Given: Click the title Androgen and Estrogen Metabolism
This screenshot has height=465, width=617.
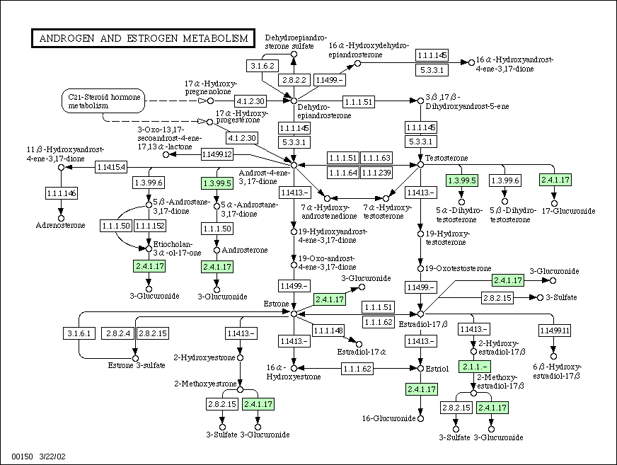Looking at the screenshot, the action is [x=143, y=38].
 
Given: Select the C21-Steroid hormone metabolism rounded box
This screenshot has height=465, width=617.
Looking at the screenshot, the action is [x=103, y=101].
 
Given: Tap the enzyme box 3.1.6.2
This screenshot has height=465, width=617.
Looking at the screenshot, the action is [x=263, y=66].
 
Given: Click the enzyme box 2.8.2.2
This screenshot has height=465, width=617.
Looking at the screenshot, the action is [x=294, y=80].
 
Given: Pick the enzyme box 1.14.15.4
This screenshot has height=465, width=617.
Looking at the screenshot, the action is [x=111, y=167].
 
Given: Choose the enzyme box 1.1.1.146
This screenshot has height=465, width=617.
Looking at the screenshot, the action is [x=62, y=193].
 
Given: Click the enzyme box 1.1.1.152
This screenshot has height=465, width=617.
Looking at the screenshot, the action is [x=149, y=226].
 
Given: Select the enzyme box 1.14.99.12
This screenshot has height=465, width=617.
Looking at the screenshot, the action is [x=217, y=154].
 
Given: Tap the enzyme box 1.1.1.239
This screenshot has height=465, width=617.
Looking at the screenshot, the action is [x=376, y=173].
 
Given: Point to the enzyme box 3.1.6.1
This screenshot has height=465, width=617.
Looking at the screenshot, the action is [x=79, y=333].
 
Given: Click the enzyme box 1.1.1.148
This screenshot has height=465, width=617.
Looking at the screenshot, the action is [x=328, y=331].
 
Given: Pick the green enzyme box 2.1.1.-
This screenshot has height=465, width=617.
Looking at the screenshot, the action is [x=475, y=367].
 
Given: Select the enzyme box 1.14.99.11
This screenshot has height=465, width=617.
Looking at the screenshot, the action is [x=555, y=331].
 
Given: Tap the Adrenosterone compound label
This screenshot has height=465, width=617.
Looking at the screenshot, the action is [x=60, y=225].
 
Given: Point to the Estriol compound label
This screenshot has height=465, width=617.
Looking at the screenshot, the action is [x=437, y=369].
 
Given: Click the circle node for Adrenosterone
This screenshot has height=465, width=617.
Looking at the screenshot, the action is [x=61, y=218].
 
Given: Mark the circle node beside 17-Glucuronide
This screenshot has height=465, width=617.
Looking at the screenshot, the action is [x=555, y=203].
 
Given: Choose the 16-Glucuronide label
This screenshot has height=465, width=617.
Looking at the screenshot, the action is [x=388, y=418].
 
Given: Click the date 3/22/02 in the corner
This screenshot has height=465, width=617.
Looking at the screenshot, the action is [x=52, y=457].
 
